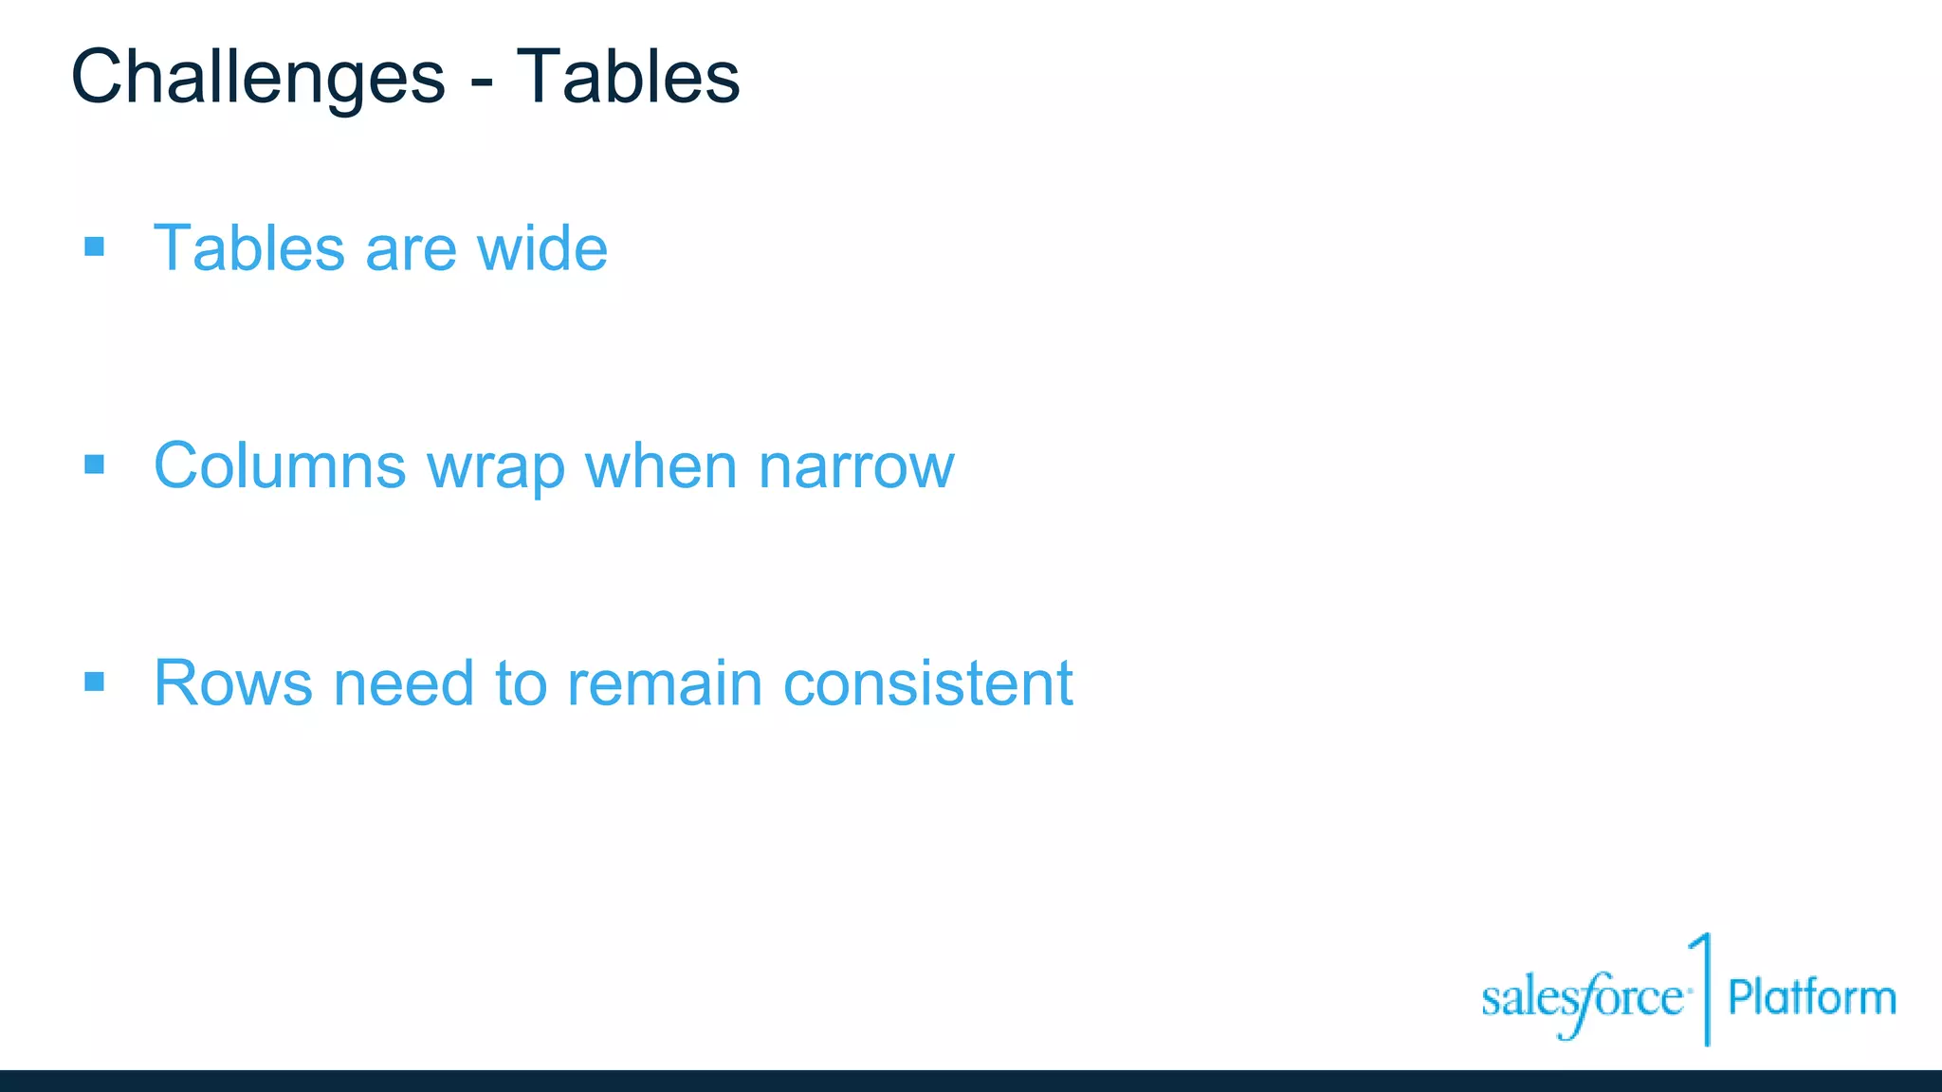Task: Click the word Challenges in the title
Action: coord(258,78)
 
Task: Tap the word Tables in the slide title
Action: coord(628,78)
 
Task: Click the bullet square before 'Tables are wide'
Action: coord(94,247)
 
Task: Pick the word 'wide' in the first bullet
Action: coord(541,248)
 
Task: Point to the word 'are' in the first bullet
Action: coord(411,251)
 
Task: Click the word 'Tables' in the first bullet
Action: coord(248,248)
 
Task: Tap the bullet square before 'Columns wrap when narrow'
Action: coord(94,464)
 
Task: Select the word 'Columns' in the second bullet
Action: coord(280,466)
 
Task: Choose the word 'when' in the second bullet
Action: coord(661,466)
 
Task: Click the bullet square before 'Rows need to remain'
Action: coord(94,682)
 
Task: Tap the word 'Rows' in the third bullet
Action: coord(232,683)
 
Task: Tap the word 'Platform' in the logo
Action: coord(1811,998)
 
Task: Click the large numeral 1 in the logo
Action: coord(1703,986)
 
